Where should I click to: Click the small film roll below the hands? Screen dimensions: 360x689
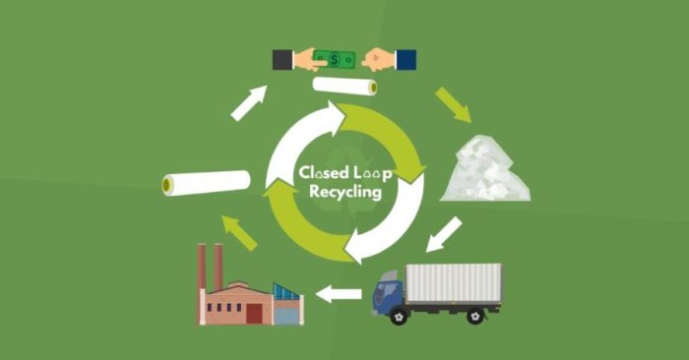click(344, 87)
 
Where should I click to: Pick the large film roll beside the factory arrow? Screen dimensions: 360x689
click(207, 182)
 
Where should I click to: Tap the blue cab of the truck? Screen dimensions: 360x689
click(388, 294)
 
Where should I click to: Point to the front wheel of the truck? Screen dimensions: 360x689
click(399, 316)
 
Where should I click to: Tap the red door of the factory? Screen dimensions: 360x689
click(254, 313)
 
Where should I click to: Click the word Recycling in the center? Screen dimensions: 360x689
click(344, 194)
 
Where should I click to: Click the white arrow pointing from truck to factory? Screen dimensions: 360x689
click(339, 293)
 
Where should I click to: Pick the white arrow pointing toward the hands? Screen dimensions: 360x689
click(249, 103)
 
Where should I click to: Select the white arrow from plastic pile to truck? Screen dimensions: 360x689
click(445, 234)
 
